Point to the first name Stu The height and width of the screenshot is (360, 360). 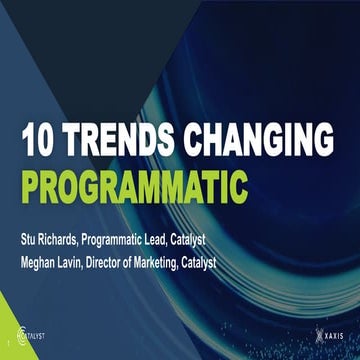[30, 240]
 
